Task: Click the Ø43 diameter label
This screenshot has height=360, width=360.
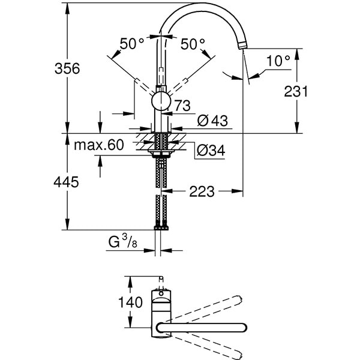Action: click(x=211, y=120)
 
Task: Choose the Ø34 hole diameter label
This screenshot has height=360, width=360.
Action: click(x=211, y=151)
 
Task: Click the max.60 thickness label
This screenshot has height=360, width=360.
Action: click(x=99, y=145)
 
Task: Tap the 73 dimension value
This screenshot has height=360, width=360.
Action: click(x=182, y=106)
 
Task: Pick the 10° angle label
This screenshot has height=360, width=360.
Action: click(x=278, y=61)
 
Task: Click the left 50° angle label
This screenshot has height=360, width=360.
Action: click(x=132, y=44)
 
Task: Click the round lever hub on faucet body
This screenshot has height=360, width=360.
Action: click(x=161, y=101)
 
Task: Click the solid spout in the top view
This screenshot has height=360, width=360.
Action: click(x=204, y=327)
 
